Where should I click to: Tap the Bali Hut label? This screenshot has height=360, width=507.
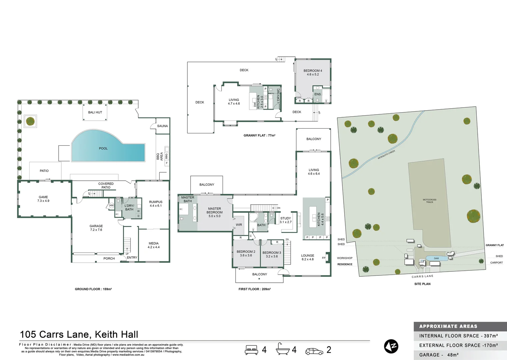coord(95,112)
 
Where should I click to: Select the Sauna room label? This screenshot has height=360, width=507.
coord(162,126)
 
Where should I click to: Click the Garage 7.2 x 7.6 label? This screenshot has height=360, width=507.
coord(96,228)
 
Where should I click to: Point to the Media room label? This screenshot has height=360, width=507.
coord(154,245)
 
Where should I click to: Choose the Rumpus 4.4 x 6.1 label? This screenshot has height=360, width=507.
coord(156,204)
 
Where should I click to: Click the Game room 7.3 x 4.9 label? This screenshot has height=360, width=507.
coord(43,199)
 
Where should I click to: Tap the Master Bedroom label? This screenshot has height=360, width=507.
coord(214,212)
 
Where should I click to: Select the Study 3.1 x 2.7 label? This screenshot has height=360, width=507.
coord(286,220)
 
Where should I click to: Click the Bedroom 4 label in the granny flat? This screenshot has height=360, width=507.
coord(313,72)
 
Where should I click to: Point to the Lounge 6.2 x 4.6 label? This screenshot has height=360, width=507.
coord(308,257)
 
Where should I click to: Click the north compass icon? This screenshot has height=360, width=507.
coord(391,347)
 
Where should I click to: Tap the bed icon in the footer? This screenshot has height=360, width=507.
coord(251,350)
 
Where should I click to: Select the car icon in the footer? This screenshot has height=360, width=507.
coord(314,351)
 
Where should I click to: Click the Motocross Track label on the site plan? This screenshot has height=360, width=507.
coord(429,201)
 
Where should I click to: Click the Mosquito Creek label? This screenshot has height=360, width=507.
coord(386,155)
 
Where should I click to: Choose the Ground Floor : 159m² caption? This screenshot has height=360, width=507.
coord(93,289)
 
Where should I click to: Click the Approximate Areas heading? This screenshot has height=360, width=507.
coord(448,326)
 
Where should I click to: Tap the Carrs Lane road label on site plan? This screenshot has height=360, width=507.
coord(422,276)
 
